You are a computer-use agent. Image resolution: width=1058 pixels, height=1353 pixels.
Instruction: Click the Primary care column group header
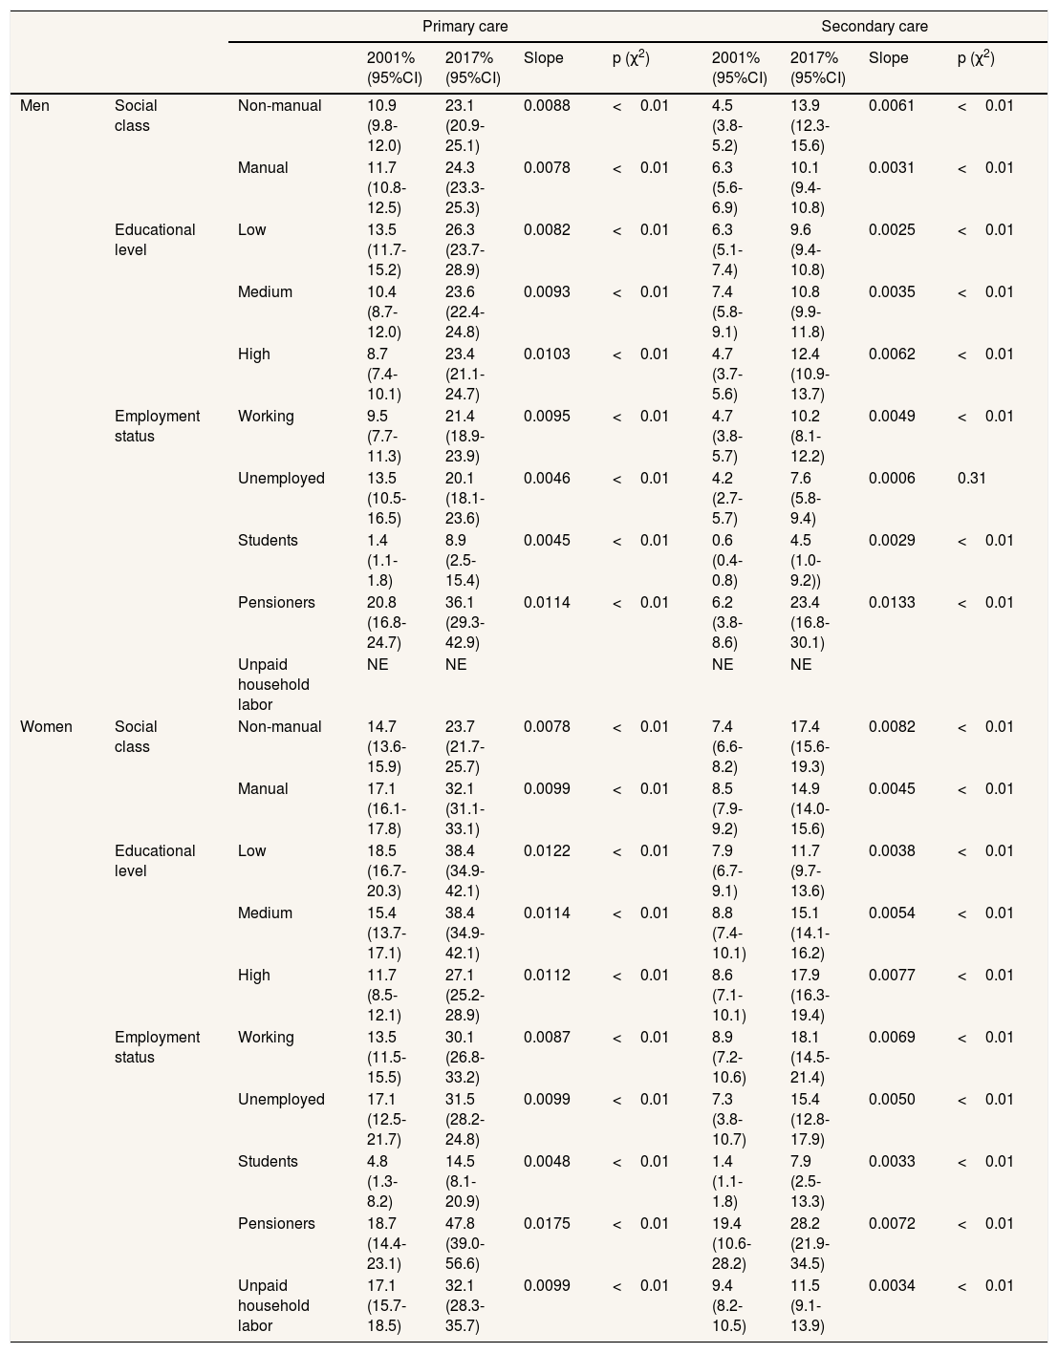click(464, 26)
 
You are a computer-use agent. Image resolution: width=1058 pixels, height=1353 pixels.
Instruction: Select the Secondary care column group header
click(874, 26)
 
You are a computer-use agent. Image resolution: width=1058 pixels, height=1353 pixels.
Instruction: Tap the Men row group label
click(34, 106)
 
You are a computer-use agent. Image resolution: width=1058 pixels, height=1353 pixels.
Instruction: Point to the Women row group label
click(46, 727)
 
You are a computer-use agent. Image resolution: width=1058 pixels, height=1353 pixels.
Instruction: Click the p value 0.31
click(971, 479)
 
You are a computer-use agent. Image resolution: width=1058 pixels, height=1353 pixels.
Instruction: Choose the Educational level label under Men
click(154, 240)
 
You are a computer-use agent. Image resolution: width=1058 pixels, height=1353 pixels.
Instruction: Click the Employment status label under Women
click(157, 1047)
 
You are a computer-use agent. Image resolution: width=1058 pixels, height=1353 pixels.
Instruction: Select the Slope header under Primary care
click(543, 58)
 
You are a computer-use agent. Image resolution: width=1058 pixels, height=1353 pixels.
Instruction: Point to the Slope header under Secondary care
click(888, 58)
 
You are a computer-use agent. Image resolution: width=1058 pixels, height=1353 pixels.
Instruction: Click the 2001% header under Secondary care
click(739, 67)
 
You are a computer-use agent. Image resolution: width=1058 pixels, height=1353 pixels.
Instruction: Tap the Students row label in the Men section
click(268, 541)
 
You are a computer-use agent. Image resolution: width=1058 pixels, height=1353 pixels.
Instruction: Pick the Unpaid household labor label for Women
click(273, 1305)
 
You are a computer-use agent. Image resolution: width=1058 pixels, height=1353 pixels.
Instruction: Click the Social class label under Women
click(136, 737)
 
